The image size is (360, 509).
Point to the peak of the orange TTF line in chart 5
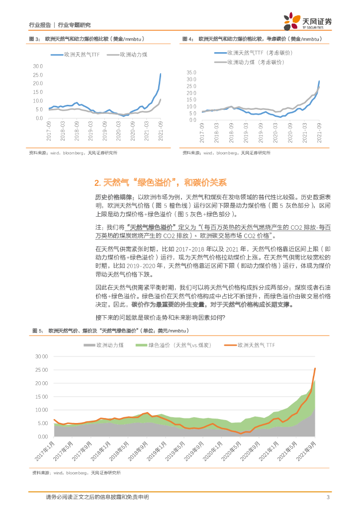tap(315, 368)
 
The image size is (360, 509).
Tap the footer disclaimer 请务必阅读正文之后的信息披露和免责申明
tap(97, 497)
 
